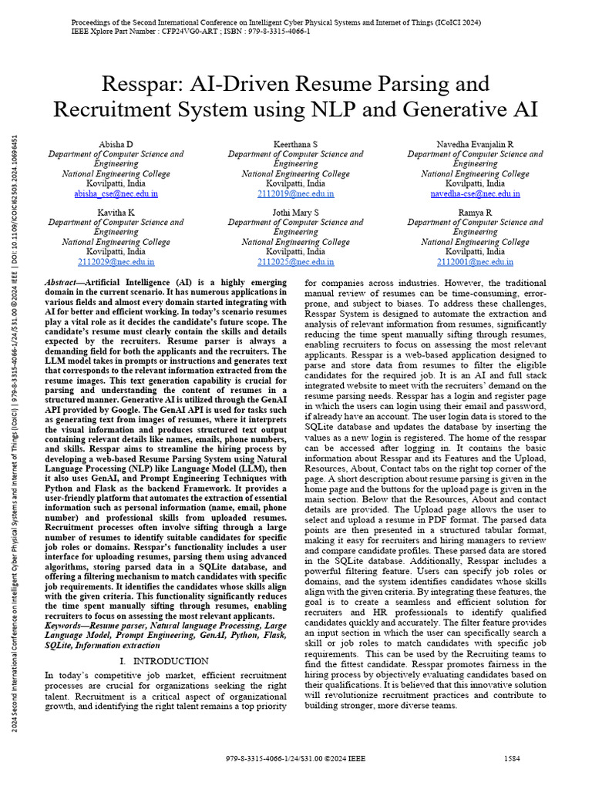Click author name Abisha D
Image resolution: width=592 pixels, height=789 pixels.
click(x=116, y=145)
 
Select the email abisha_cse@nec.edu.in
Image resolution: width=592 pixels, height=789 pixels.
click(x=116, y=194)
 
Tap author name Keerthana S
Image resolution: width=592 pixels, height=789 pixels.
click(x=295, y=145)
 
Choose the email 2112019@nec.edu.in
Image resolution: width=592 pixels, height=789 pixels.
click(x=295, y=194)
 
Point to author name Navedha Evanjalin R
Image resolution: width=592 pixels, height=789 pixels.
click(x=476, y=145)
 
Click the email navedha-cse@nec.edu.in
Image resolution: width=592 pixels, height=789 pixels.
click(x=476, y=194)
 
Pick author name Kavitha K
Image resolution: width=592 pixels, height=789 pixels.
click(x=116, y=212)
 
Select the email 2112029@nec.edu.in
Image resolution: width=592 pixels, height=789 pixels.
click(x=116, y=262)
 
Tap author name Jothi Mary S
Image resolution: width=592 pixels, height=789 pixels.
click(x=295, y=212)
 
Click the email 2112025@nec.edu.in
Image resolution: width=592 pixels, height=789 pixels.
click(x=295, y=262)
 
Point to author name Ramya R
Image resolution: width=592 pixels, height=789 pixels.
click(x=476, y=212)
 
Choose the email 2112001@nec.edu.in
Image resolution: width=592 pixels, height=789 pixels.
click(x=476, y=262)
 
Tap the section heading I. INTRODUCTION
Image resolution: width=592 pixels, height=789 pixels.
click(x=164, y=661)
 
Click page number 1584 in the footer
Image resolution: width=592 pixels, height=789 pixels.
click(x=512, y=758)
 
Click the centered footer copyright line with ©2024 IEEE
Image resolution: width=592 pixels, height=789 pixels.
click(x=295, y=759)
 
